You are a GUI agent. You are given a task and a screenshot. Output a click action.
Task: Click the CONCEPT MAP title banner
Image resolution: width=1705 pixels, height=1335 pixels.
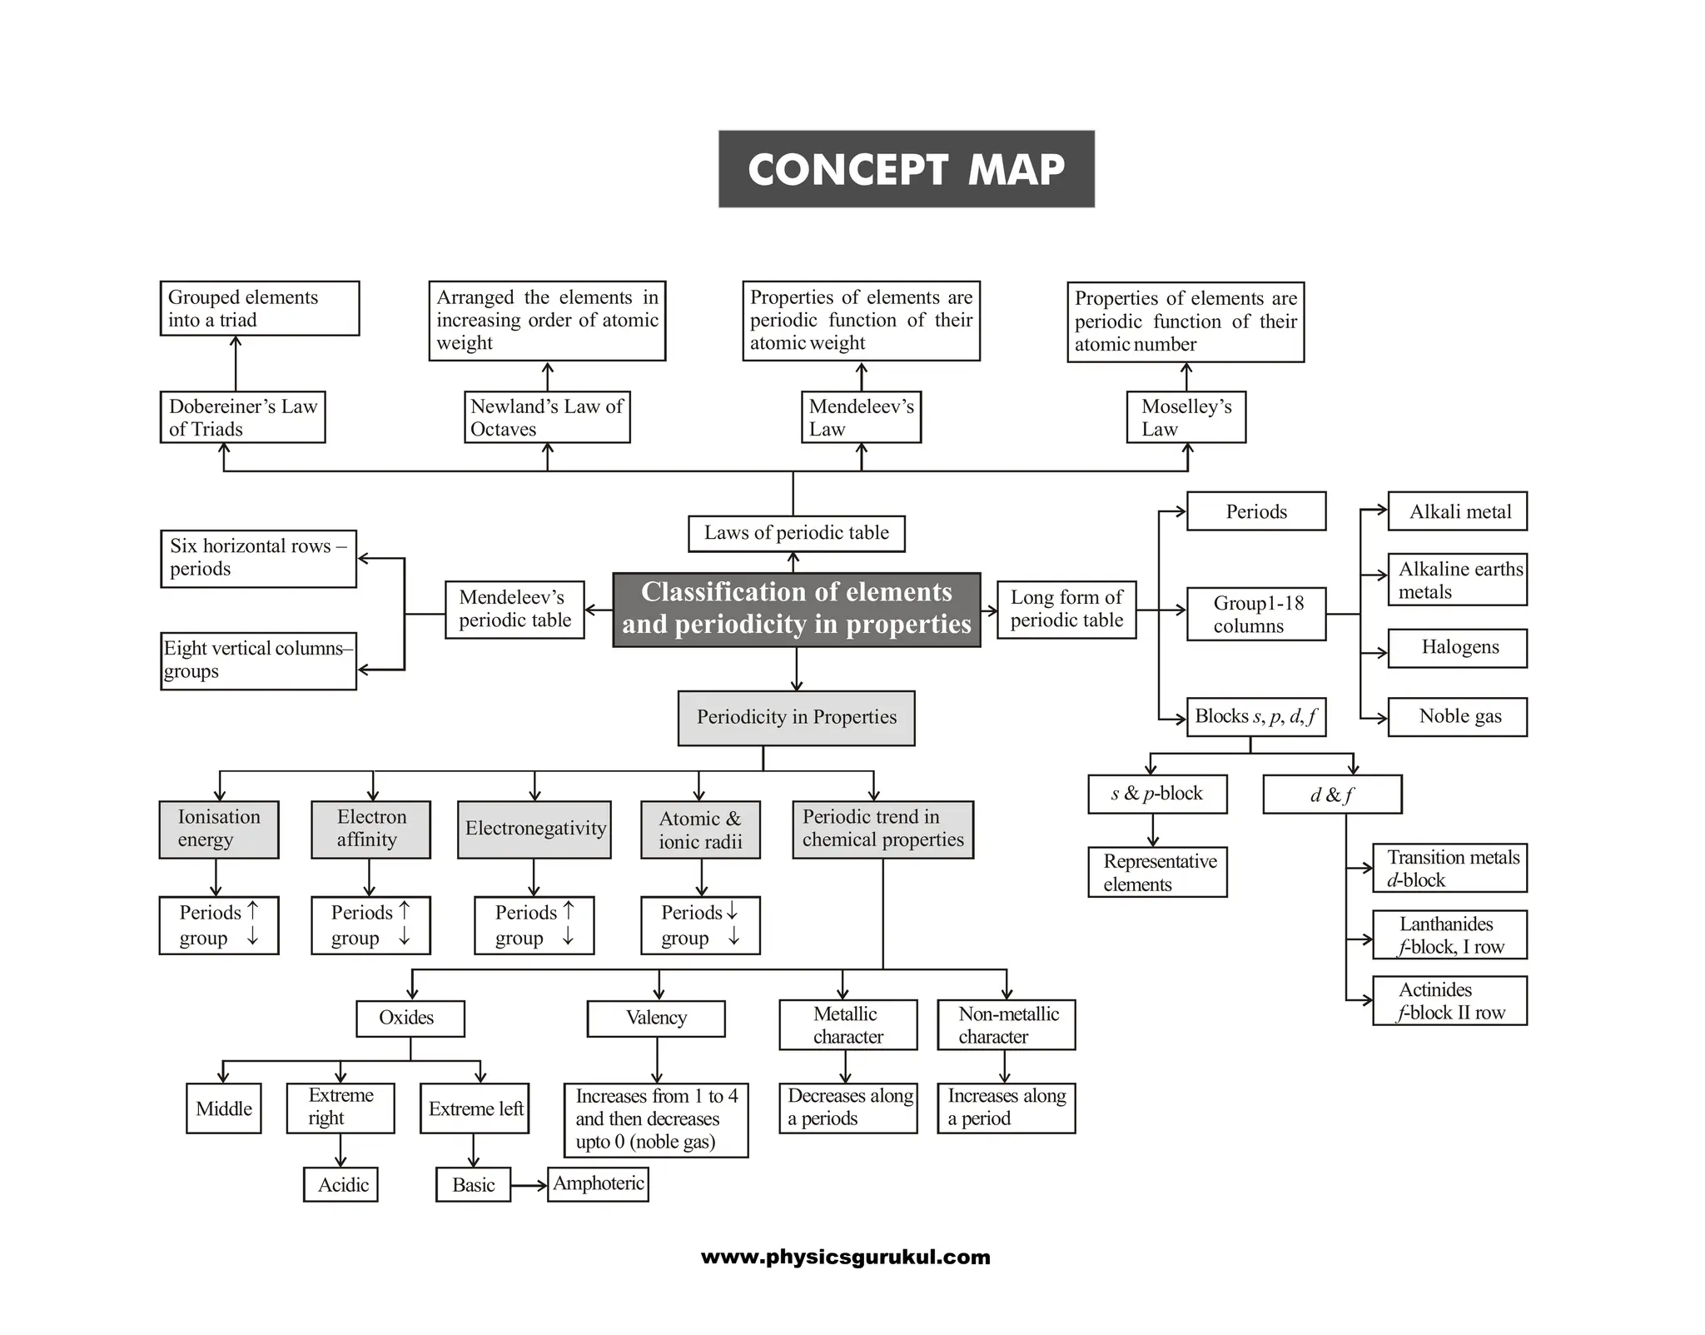coord(906,169)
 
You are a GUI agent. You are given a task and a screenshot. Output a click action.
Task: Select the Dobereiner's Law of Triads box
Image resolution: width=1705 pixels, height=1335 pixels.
coord(242,417)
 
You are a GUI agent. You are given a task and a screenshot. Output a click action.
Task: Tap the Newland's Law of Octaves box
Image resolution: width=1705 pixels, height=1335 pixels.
coord(546,417)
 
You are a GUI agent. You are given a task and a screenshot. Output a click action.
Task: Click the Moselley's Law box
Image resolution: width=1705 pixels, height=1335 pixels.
coord(1186,417)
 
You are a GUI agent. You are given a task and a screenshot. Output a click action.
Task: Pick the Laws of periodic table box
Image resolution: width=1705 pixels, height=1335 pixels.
coord(796,533)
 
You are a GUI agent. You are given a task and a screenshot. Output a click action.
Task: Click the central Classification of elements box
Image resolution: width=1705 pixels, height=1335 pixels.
coord(796,609)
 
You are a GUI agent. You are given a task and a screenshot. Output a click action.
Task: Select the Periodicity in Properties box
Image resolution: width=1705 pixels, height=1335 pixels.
coord(796,717)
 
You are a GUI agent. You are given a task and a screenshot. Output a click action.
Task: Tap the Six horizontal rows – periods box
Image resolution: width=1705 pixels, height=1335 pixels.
coord(258,558)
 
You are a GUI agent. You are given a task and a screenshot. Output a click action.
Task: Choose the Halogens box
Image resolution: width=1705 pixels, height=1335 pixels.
coord(1457,648)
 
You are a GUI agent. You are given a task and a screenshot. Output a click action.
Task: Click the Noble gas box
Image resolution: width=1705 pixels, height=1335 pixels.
coord(1457,717)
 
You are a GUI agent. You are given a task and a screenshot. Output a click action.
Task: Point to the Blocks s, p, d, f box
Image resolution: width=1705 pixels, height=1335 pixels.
coord(1255,717)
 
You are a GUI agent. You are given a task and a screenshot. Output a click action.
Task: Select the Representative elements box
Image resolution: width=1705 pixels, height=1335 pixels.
coord(1157,872)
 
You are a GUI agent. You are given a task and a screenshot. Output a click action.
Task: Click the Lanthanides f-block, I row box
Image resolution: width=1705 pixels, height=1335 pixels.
coord(1449,935)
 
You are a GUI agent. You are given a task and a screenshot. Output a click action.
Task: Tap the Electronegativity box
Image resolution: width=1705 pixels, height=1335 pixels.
coord(534,829)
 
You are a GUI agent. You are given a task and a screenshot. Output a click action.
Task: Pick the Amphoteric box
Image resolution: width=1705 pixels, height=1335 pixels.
coord(598,1183)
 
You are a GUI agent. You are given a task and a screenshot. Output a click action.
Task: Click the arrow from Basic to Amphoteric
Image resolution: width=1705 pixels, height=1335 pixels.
coord(529,1185)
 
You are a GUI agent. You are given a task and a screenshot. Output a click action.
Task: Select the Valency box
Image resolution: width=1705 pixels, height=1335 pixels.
coord(656,1018)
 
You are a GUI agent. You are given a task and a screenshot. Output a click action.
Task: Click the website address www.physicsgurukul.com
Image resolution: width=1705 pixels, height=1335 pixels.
coord(846,1257)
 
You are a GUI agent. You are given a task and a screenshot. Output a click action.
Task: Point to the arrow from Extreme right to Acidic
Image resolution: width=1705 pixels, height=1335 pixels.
coord(341,1150)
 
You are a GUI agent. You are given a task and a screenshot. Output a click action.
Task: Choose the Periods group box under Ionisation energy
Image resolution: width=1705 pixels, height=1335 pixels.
coord(219,925)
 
